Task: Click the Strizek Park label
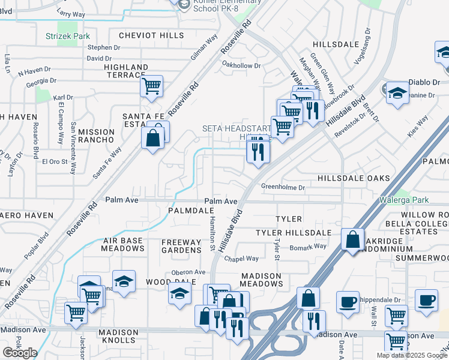pyautogui.click(x=67, y=37)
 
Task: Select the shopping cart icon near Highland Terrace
pyautogui.click(x=152, y=85)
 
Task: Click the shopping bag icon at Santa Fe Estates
pyautogui.click(x=154, y=139)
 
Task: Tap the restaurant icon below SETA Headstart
pyautogui.click(x=258, y=151)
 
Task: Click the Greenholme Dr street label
pyautogui.click(x=283, y=187)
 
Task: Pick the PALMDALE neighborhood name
pyautogui.click(x=191, y=211)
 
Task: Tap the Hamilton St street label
pyautogui.click(x=212, y=234)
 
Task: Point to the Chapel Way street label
pyautogui.click(x=241, y=259)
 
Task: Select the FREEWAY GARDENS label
pyautogui.click(x=181, y=247)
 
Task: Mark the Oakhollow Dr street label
pyautogui.click(x=241, y=65)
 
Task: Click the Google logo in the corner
pyautogui.click(x=19, y=353)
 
